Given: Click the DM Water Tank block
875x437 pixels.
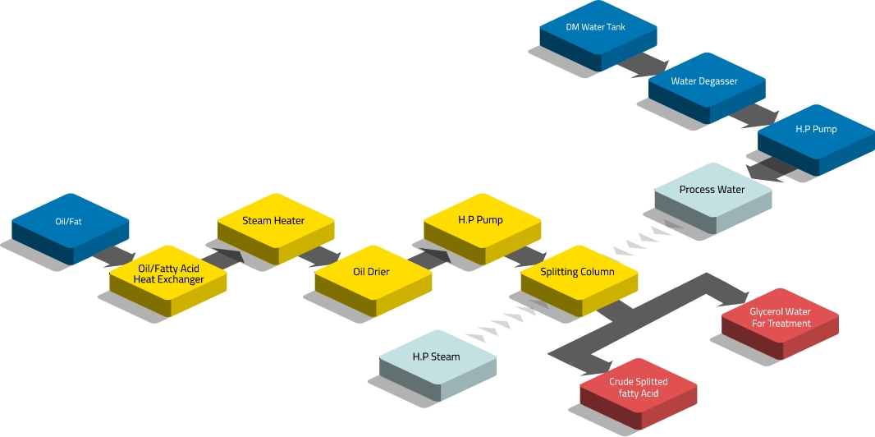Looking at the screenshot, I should coord(596,29).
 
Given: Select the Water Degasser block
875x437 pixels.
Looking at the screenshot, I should coord(704,82).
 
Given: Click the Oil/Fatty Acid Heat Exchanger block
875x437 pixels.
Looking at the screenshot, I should coord(168,274).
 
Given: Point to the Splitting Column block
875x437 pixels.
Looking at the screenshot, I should coord(578,273).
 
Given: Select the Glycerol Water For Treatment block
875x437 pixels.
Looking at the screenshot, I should coord(780,319).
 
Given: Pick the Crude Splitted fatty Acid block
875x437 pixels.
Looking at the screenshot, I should coord(638,388).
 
